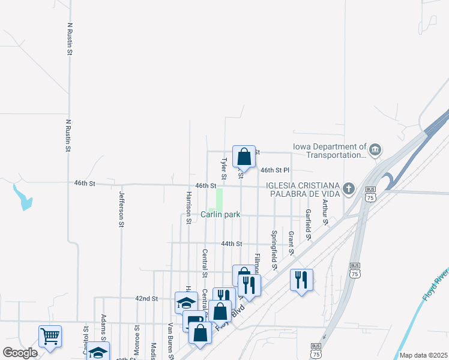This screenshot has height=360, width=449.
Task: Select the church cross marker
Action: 348,189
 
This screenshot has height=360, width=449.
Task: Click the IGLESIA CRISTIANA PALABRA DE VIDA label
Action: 304,189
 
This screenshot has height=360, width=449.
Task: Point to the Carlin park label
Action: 220,214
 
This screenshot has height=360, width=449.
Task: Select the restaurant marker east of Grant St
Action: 301,280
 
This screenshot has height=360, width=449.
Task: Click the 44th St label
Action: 231,244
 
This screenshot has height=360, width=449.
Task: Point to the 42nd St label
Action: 146,298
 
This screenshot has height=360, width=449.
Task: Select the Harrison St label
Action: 188,207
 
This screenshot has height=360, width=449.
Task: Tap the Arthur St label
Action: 325,213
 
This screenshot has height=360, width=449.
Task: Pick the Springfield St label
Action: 274,249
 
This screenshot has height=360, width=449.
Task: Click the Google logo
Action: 20,353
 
